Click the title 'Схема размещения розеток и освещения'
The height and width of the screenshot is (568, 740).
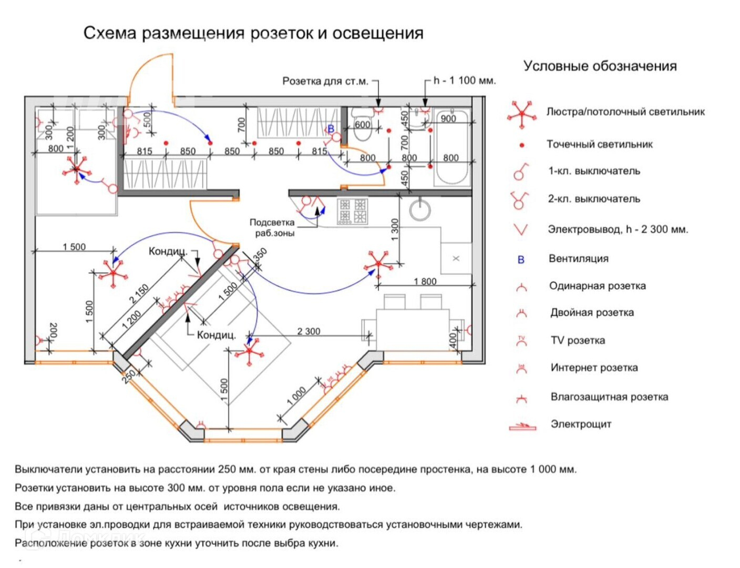tap(253, 33)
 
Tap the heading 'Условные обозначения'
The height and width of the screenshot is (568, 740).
tap(600, 66)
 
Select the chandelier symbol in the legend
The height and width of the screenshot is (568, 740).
tap(521, 113)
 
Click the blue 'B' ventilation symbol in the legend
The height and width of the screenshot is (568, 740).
tap(521, 259)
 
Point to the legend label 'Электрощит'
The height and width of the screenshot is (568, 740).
tap(581, 424)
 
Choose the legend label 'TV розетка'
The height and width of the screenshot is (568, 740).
tap(578, 340)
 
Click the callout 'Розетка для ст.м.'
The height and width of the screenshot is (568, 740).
tap(325, 81)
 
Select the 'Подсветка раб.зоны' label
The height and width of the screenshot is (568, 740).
tap(272, 227)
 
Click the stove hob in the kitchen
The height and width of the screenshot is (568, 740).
tap(352, 211)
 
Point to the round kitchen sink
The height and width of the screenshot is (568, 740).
tap(420, 210)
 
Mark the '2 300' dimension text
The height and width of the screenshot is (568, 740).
tap(309, 331)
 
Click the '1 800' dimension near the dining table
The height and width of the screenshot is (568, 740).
tap(425, 281)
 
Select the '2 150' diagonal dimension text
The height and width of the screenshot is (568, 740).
tap(139, 294)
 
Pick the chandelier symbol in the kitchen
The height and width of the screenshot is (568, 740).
tap(377, 264)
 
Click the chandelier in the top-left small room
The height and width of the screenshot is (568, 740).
tap(77, 169)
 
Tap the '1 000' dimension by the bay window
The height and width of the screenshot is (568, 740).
tap(296, 395)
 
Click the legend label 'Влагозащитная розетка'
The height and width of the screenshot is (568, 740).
tap(609, 397)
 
